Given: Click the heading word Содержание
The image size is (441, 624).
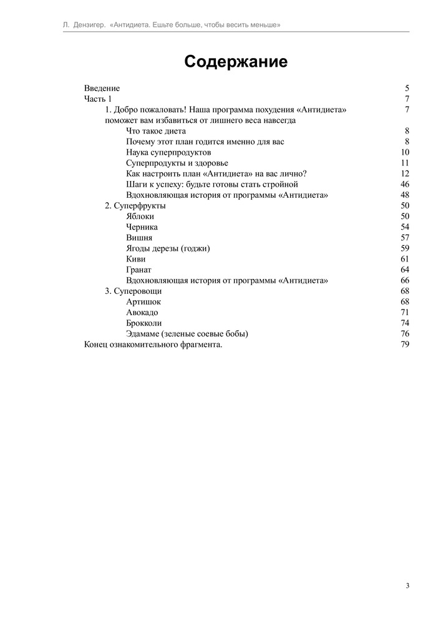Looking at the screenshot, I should [236, 62].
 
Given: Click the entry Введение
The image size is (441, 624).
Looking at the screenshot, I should [102, 89].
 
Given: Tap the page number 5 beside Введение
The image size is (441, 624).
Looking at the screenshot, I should [407, 89].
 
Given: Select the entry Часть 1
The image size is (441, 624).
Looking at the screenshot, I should [98, 99].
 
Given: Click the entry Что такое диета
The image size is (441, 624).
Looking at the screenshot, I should [156, 131].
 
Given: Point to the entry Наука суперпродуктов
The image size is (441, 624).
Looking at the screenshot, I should [168, 152].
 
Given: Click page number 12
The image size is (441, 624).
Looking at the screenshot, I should [405, 173].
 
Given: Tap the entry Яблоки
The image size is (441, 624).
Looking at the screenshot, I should [140, 216].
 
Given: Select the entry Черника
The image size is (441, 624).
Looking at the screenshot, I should [142, 227].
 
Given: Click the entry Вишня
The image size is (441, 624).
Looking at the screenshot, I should [138, 238].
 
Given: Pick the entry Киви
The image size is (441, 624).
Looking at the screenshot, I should [136, 259].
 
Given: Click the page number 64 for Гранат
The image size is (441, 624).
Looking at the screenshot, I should [405, 270].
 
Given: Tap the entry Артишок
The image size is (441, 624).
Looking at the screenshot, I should [143, 302].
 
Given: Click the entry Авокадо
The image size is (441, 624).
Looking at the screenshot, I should [142, 312].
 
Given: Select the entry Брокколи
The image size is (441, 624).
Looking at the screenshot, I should [143, 323].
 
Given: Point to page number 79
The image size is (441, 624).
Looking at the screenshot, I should [405, 344].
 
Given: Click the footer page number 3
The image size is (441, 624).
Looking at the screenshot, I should [407, 585].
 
